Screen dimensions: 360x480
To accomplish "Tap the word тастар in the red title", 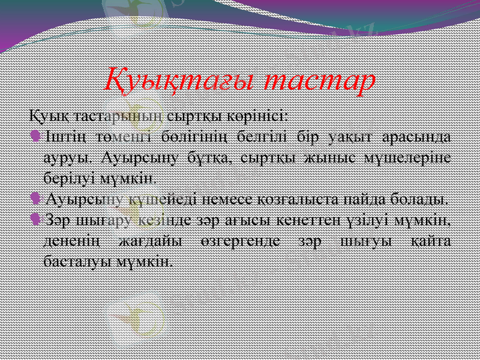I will (320, 82).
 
